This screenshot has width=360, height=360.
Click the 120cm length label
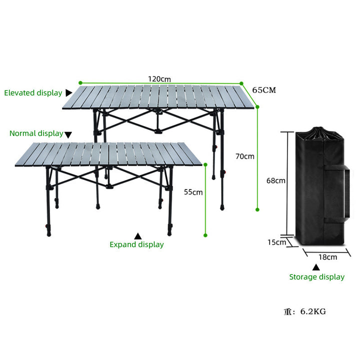pos(159,79)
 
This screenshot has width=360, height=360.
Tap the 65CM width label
pos(264,90)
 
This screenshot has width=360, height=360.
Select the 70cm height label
pos(245,156)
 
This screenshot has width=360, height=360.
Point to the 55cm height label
pos(193,192)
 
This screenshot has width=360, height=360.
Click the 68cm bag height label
pos(275,180)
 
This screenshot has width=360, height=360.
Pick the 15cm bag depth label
pos(276,242)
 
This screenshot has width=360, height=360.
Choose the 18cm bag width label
pos(327,257)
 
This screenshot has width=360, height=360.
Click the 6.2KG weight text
pos(313,311)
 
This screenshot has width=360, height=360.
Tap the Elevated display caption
pos(33,93)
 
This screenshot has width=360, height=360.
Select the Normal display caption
pos(36,133)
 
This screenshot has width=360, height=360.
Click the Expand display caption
pos(136,244)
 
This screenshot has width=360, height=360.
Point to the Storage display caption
pos(317,277)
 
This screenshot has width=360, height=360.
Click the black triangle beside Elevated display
pos(68,93)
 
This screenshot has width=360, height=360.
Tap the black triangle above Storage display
pos(316,267)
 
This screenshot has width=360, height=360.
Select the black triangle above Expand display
pos(138,236)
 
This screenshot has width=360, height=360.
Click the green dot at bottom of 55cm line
pos(205,235)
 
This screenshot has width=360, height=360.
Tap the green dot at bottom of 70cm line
pos(257,209)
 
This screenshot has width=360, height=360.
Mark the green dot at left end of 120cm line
pos(80,82)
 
